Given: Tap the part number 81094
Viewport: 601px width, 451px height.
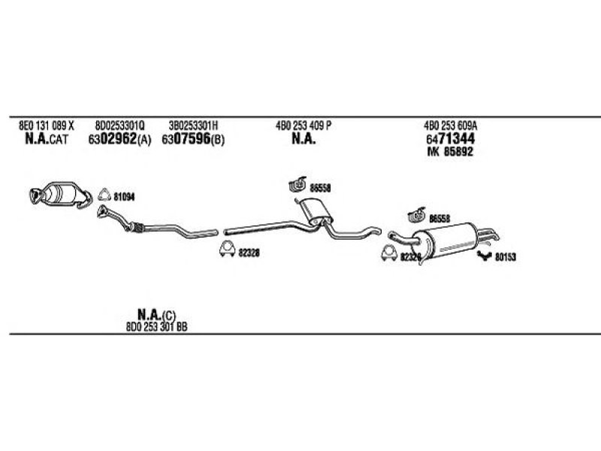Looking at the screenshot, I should coord(124,197).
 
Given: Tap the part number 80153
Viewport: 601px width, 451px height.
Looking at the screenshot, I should coord(505,257).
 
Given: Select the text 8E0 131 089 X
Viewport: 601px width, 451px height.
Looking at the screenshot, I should coord(46,125).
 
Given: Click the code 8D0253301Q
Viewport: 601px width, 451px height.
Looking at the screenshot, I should coord(120,125).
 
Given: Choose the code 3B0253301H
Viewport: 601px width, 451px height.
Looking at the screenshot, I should coord(193,125).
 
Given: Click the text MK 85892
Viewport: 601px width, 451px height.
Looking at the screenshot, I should coord(452,153).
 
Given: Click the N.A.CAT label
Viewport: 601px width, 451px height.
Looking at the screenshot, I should coord(46,139).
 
